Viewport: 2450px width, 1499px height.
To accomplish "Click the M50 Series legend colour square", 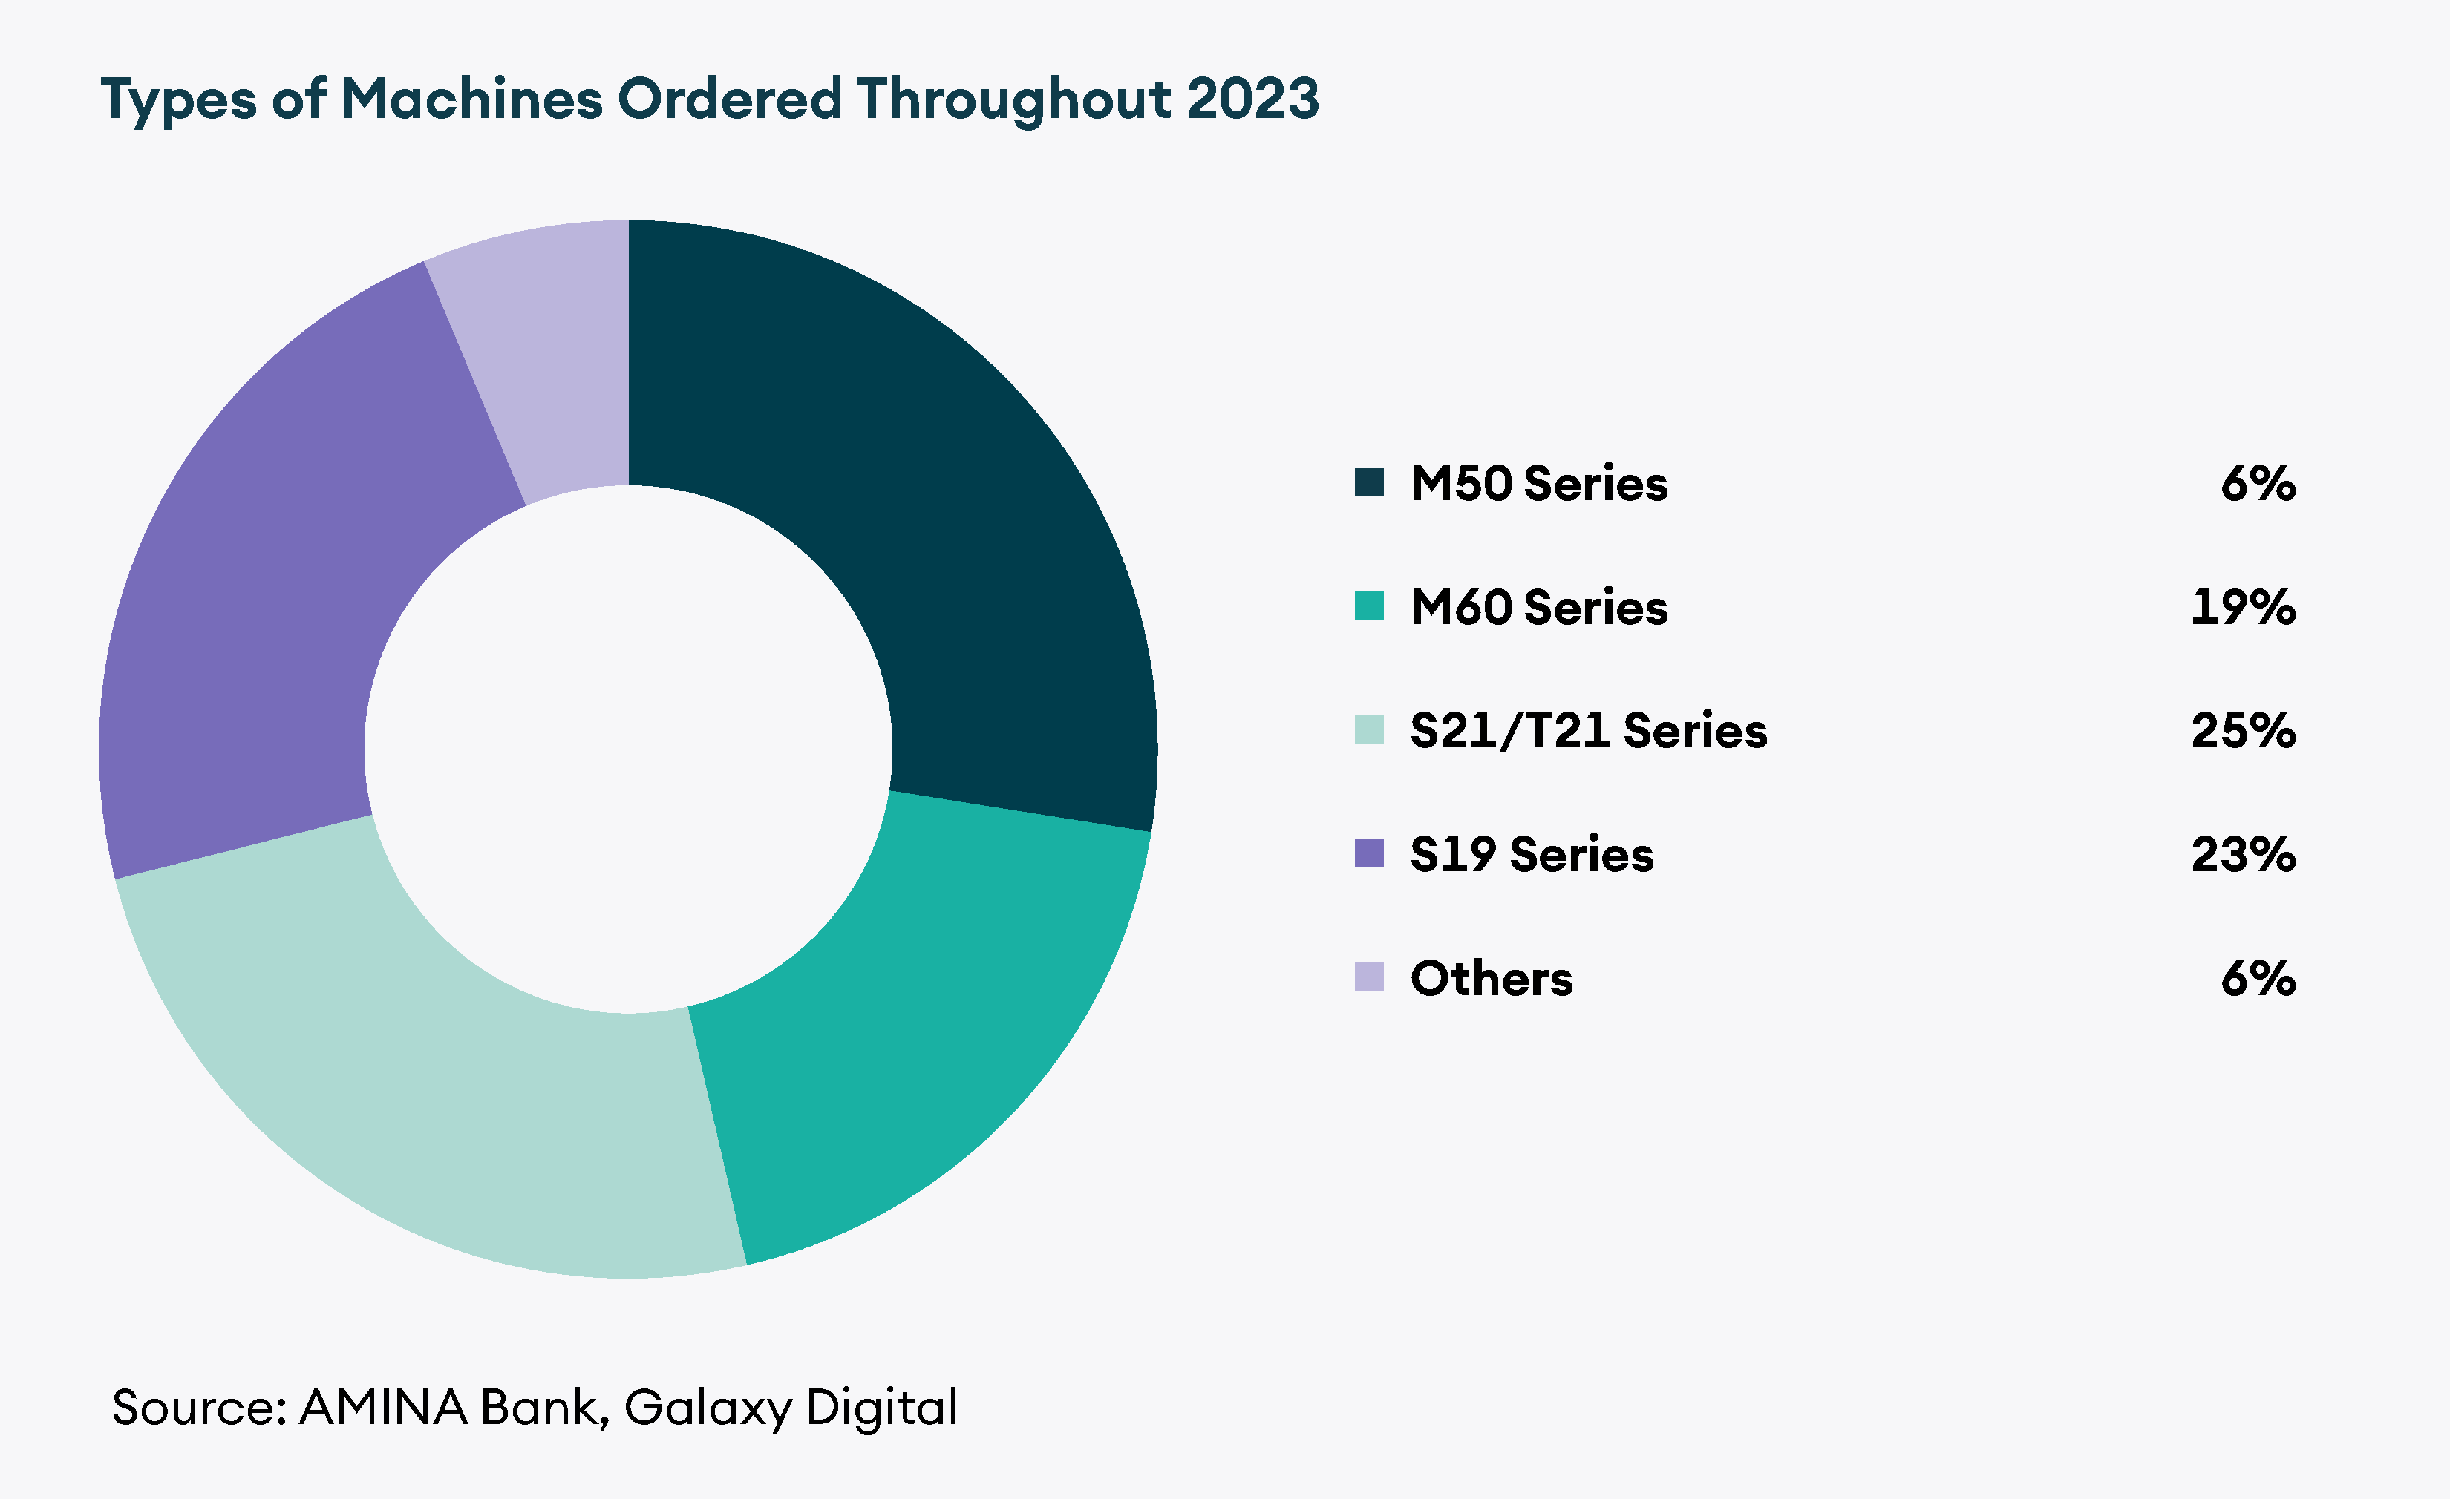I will pyautogui.click(x=1369, y=482).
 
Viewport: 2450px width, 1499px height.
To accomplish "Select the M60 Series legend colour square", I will pyautogui.click(x=1369, y=606).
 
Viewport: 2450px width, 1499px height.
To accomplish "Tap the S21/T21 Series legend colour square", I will pyautogui.click(x=1369, y=729).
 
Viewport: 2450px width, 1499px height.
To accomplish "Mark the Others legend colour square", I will pyautogui.click(x=1369, y=977).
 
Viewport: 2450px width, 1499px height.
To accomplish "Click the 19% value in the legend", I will pyautogui.click(x=2243, y=606).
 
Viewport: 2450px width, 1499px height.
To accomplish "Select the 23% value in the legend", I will pyautogui.click(x=2243, y=854).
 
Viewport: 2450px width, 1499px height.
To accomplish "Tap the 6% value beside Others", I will pyautogui.click(x=2258, y=977).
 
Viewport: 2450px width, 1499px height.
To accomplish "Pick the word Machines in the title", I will pyautogui.click(x=471, y=99).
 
